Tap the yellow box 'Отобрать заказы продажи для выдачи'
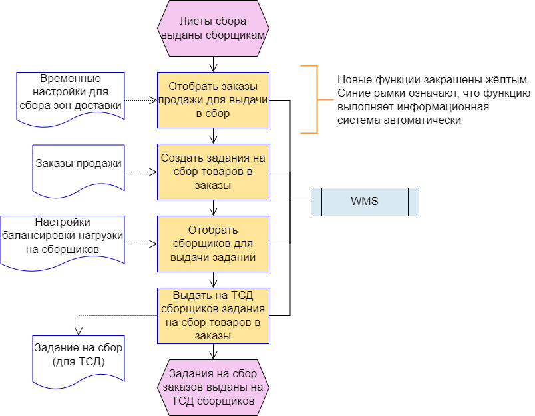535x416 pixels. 213,100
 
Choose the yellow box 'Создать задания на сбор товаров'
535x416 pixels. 213,172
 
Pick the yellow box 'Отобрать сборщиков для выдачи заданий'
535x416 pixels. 213,244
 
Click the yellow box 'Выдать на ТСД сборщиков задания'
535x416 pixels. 213,315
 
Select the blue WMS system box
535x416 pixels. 365,202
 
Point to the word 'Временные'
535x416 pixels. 71,78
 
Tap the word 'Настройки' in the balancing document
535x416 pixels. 62,222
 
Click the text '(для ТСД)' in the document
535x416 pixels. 79,361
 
